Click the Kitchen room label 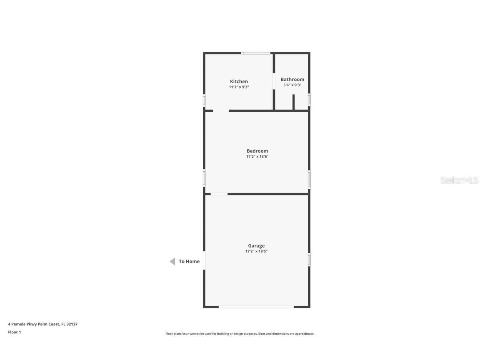pos(239,81)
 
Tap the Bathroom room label pos(292,79)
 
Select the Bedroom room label pos(257,151)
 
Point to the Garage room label pos(256,246)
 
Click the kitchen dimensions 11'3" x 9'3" pos(239,87)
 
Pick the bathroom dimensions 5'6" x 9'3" pos(292,85)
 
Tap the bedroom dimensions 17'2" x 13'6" pos(257,156)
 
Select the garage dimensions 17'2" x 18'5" pos(256,251)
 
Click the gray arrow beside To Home pos(172,261)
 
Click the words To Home pos(189,261)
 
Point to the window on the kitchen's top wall pos(255,53)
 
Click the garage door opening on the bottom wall pos(256,306)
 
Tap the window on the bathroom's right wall pos(309,100)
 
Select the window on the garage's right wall pos(309,260)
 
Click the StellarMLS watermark pos(459,180)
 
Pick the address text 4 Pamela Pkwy pos(22,324)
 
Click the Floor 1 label pos(15,332)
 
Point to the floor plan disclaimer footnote pos(240,334)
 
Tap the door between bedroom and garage pos(219,194)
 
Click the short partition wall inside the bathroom pos(293,102)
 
